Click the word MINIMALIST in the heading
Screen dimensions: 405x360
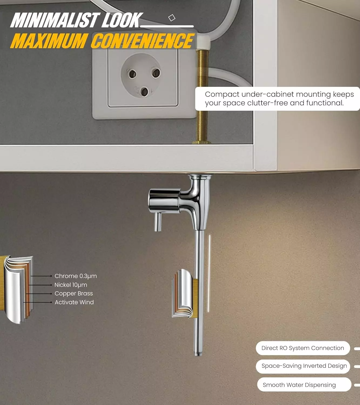54,20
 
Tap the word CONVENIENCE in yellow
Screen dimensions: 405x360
142,41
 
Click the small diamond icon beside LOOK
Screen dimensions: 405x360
172,18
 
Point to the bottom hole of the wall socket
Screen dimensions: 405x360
144,92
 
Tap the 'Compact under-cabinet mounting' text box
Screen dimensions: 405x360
278,99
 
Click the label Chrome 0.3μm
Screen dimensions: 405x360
76,276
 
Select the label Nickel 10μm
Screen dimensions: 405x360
71,285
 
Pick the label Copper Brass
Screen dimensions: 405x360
74,293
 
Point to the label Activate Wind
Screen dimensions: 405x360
74,302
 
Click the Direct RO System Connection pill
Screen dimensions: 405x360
303,348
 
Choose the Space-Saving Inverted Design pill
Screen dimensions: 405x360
304,366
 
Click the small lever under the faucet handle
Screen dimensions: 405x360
157,222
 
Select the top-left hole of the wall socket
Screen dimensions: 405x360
132,73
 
